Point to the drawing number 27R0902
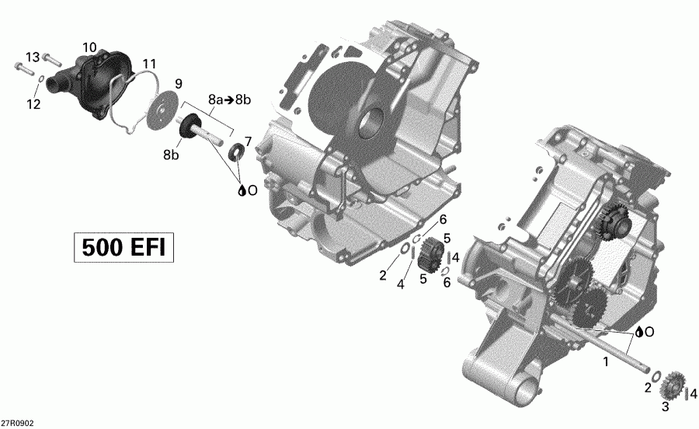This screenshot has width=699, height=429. pyautogui.click(x=18, y=423)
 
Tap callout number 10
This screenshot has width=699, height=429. pyautogui.click(x=90, y=48)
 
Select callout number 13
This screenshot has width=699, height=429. pyautogui.click(x=32, y=57)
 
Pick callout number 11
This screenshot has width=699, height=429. pyautogui.click(x=149, y=64)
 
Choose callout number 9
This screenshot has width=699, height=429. pyautogui.click(x=178, y=83)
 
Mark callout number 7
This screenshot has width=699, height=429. pyautogui.click(x=248, y=141)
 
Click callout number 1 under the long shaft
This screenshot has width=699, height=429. pyautogui.click(x=607, y=361)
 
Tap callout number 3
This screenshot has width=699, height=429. pyautogui.click(x=665, y=406)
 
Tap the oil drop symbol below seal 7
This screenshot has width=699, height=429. pyautogui.click(x=242, y=189)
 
